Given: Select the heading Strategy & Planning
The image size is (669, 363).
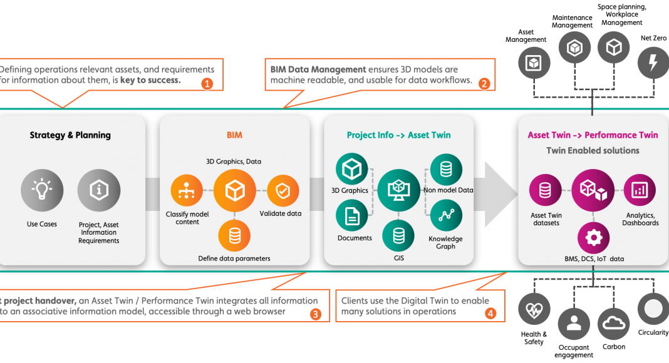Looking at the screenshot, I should pyautogui.click(x=70, y=135).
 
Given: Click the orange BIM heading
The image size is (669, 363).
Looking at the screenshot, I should pyautogui.click(x=235, y=135).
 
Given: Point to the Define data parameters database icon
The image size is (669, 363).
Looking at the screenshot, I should pyautogui.click(x=234, y=235).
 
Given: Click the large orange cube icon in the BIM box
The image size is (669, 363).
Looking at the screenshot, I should pyautogui.click(x=234, y=191).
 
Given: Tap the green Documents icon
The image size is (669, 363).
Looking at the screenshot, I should pyautogui.click(x=352, y=216).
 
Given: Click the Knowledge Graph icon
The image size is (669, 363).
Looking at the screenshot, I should pyautogui.click(x=446, y=216).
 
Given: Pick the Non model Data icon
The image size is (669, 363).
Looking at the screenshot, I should pyautogui.click(x=446, y=169).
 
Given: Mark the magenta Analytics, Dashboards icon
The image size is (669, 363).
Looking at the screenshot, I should pyautogui.click(x=640, y=190).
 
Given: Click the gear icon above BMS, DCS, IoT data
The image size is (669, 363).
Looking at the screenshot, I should pyautogui.click(x=593, y=237).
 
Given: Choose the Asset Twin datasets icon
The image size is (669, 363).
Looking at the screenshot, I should pyautogui.click(x=545, y=190).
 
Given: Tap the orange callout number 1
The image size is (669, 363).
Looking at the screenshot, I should pyautogui.click(x=207, y=83).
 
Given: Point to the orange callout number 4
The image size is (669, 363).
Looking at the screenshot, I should pyautogui.click(x=490, y=312).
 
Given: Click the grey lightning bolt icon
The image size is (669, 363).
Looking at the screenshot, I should pyautogui.click(x=653, y=63).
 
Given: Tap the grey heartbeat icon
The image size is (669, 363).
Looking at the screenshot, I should pyautogui.click(x=534, y=309).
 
